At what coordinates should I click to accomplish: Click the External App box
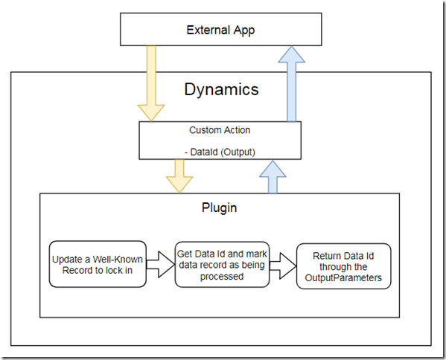click(220, 29)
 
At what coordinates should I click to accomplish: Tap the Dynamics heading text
click(221, 89)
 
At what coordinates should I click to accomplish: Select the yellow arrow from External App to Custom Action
click(151, 83)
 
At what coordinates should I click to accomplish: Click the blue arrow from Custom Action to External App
click(292, 84)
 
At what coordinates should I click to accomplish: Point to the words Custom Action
click(220, 130)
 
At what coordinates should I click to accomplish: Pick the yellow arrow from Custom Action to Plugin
click(179, 176)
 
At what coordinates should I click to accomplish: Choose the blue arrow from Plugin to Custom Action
click(273, 177)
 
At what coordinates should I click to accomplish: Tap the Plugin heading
click(220, 208)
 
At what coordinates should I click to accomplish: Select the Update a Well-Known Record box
click(98, 264)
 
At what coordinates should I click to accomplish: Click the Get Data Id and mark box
click(222, 265)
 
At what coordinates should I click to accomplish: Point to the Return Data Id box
click(343, 266)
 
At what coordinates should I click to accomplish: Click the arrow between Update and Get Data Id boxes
click(160, 264)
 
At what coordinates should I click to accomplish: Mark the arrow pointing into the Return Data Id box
click(283, 266)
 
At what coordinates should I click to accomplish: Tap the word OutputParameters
click(343, 277)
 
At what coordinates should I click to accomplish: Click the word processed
click(222, 277)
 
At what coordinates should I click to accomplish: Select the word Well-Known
click(118, 260)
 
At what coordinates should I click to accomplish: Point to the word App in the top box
click(244, 30)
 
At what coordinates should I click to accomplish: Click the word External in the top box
click(208, 30)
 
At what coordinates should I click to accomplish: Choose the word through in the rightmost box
click(343, 267)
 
